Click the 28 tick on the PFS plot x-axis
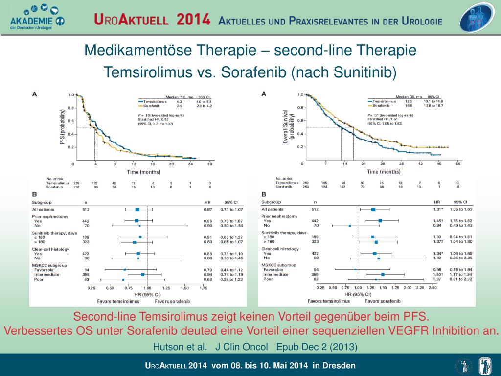pos(209,164)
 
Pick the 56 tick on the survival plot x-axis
pos(458,164)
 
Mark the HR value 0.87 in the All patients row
pos(208,209)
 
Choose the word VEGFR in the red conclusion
pos(395,330)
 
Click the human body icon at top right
pos(478,19)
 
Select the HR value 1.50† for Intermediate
pos(437,274)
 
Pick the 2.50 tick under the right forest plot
pos(433,288)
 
